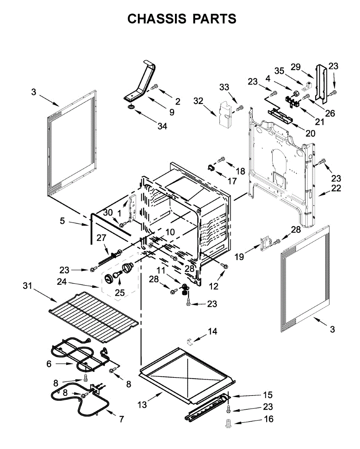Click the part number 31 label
point(28,286)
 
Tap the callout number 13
point(142,405)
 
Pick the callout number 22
point(336,188)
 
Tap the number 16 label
point(269,419)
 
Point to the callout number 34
point(162,126)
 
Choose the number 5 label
point(62,221)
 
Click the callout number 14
point(212,332)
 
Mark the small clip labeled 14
point(190,341)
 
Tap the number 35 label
point(280,71)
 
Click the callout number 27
point(102,238)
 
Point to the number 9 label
point(172,112)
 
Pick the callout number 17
point(232,181)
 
